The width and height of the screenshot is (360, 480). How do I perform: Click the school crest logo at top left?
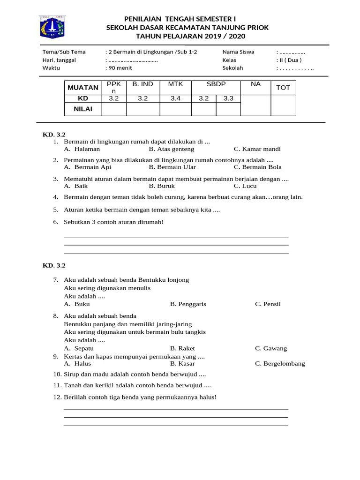point(52,27)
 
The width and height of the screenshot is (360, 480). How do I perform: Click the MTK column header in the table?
point(175,84)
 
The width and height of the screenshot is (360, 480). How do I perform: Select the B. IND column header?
point(142,84)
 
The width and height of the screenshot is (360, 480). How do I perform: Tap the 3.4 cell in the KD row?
point(175,98)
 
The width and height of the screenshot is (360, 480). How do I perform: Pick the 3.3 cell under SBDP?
point(228,98)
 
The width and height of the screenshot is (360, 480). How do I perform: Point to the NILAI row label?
point(82,109)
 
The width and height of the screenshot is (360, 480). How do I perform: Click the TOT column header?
point(283,88)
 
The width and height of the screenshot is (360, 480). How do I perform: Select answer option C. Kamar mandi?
point(257,149)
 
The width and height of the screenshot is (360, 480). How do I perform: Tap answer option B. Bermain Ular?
point(172,167)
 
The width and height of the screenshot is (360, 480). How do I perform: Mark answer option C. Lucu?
point(246,186)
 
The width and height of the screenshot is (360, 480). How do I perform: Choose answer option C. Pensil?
point(268,304)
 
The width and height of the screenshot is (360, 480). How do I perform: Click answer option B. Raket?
point(182,349)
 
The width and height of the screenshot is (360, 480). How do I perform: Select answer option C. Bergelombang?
point(280,364)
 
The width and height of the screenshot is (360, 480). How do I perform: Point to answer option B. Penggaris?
point(188,304)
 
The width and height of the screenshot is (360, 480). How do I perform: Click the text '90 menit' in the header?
point(120,68)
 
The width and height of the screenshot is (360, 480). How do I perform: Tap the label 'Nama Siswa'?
point(238,52)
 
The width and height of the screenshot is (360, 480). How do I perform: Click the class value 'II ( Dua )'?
point(290,60)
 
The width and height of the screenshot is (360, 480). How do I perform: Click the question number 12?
point(57,397)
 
